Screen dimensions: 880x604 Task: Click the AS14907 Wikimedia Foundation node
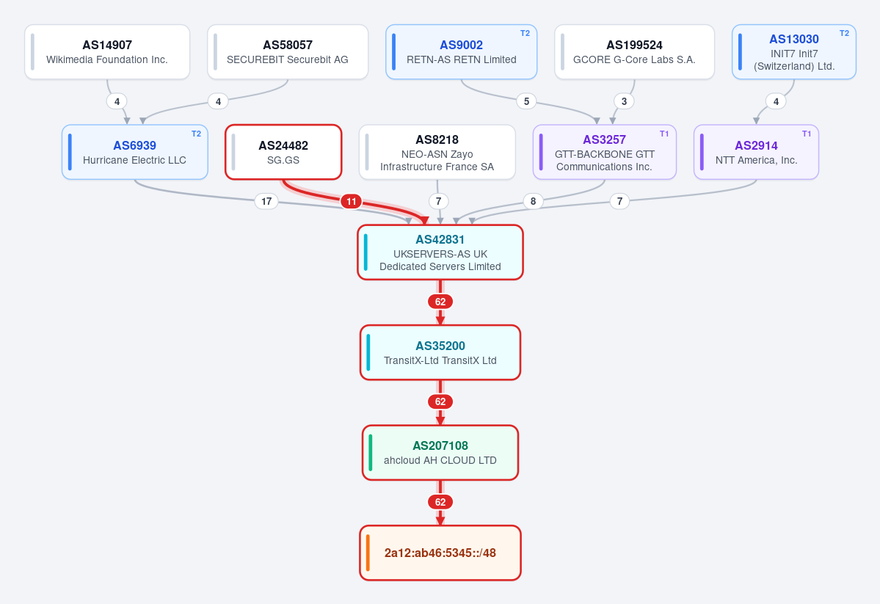[x=107, y=51]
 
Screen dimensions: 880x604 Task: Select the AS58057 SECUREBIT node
[x=288, y=51]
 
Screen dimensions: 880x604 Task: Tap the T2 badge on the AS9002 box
[x=525, y=33]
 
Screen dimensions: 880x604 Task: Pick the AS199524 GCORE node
[x=634, y=51]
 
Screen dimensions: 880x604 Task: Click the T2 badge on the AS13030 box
[x=844, y=33]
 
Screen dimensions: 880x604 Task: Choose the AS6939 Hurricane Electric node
[x=135, y=152]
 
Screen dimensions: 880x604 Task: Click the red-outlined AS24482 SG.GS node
[x=283, y=152]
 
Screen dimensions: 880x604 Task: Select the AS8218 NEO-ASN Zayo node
[x=437, y=152]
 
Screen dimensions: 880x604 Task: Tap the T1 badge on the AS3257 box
[x=664, y=134]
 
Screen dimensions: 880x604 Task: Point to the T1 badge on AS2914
[x=807, y=134]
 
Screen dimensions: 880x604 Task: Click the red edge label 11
[x=352, y=201]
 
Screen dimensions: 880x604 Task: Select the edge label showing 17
[x=266, y=201]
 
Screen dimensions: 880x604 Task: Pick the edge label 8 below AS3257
[x=533, y=201]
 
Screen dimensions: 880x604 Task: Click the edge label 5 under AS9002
[x=526, y=101]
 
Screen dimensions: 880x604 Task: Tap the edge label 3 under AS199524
[x=624, y=101]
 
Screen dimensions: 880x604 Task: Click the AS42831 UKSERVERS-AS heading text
[x=440, y=240]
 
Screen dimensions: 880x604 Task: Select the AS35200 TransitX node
[x=440, y=352]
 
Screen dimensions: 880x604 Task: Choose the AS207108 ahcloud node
[x=440, y=452]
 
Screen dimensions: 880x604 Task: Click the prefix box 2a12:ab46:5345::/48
[x=440, y=553]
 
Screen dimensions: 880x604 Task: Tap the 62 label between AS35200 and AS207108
[x=440, y=402]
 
